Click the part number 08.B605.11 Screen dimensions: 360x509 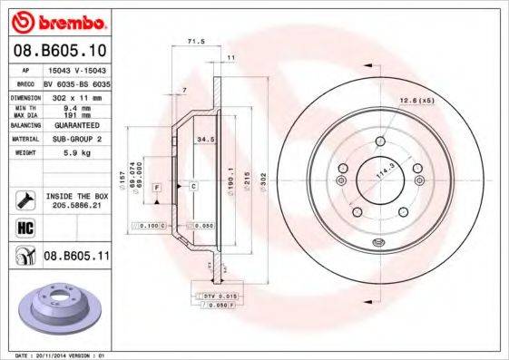77,257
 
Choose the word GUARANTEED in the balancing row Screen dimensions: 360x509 74,125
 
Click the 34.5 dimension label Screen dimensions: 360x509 205,140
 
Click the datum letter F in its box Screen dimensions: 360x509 156,187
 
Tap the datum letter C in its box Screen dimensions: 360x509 193,187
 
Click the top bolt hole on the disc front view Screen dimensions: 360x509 378,141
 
